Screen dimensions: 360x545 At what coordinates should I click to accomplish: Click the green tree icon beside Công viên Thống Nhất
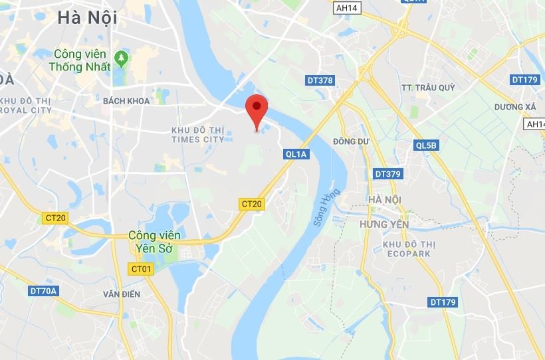point(121,58)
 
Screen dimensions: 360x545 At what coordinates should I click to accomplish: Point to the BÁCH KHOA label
point(126,101)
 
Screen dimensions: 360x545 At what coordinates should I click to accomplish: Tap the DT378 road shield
point(320,80)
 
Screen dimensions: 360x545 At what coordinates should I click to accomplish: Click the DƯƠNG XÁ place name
point(515,106)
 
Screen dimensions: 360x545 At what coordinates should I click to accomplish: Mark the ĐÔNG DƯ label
point(351,141)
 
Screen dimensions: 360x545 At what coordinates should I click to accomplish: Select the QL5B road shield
point(426,145)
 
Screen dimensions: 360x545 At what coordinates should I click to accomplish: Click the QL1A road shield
point(296,154)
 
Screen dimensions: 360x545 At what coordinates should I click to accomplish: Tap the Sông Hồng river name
point(327,208)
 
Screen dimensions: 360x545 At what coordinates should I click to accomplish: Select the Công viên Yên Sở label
point(154,241)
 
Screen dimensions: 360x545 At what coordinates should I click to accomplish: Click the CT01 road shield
point(142,269)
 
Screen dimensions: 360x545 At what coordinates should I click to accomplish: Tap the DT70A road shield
point(45,290)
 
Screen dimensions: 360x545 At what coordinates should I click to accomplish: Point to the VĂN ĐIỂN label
point(122,294)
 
